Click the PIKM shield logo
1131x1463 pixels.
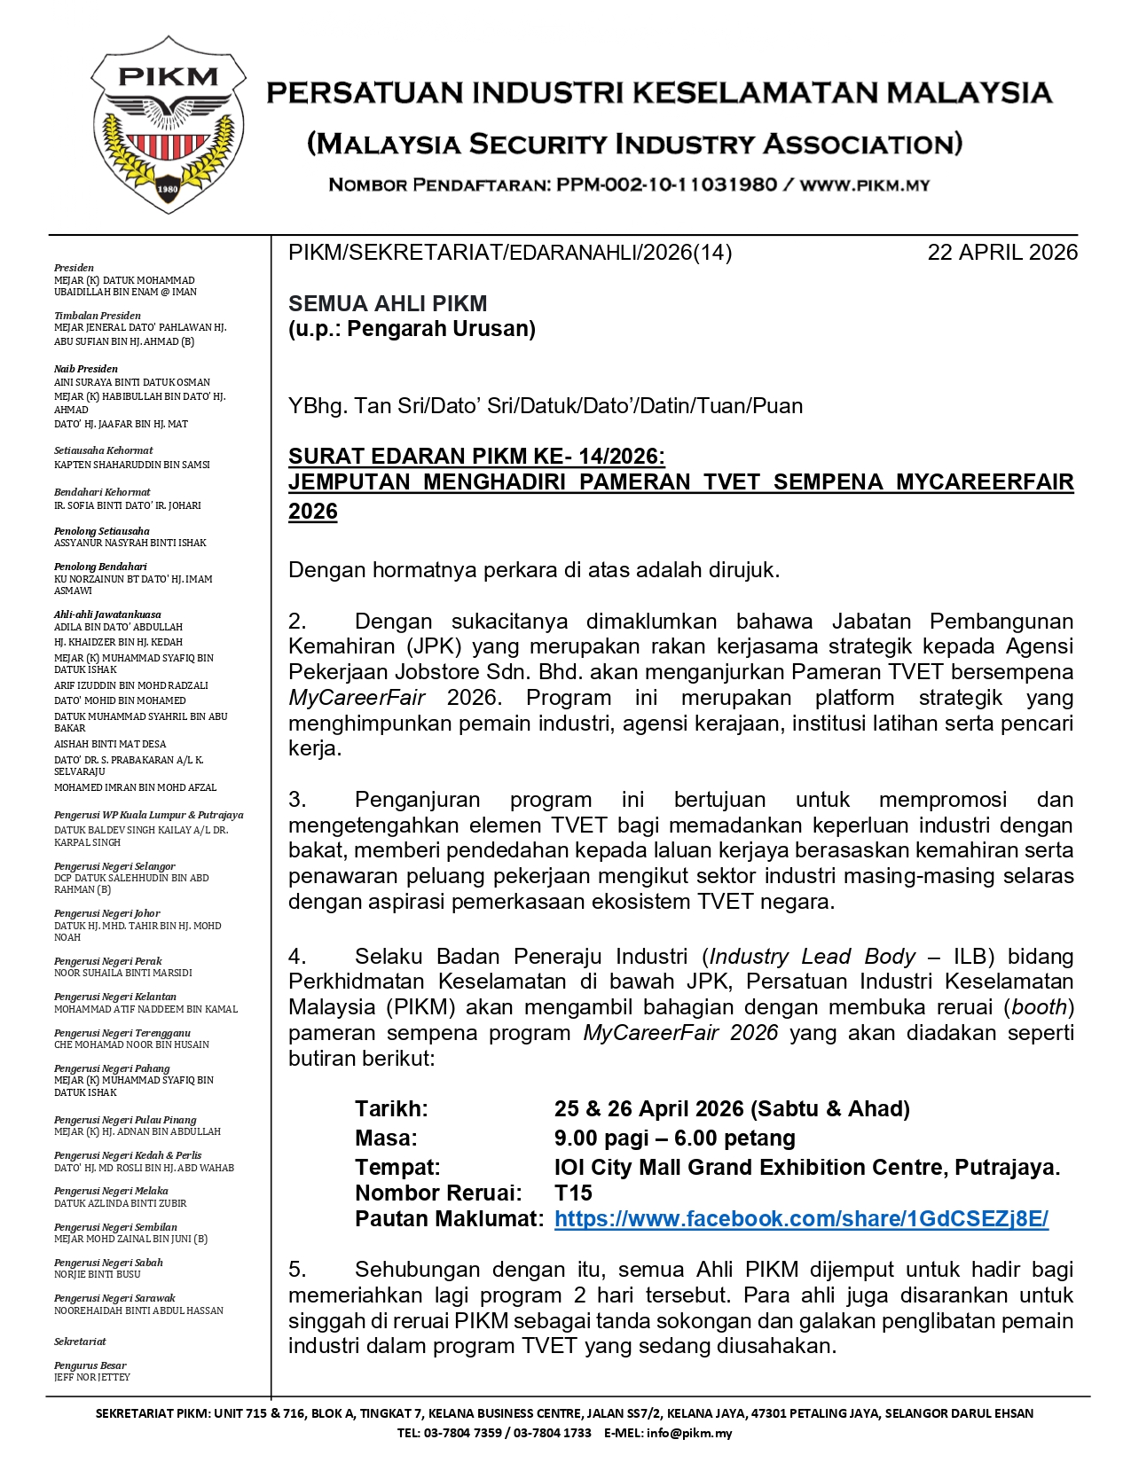(168, 124)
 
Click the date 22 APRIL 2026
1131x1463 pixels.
(1002, 253)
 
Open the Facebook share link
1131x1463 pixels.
(801, 1219)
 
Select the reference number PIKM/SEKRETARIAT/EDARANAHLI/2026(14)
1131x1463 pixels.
(510, 253)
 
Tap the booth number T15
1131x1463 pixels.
(573, 1193)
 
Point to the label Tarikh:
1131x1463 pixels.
(391, 1108)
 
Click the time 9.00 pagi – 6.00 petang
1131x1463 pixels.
(674, 1138)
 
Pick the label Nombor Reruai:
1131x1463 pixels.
(438, 1193)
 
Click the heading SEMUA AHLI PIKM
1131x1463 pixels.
(388, 303)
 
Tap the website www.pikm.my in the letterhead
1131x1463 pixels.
(865, 185)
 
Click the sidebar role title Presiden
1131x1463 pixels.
(74, 268)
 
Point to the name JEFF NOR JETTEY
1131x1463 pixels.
(92, 1378)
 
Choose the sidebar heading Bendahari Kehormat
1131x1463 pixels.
(102, 492)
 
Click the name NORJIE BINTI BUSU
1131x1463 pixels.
(98, 1274)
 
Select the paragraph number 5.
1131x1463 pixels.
(297, 1270)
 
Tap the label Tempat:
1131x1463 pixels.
(397, 1167)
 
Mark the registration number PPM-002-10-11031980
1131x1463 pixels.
(666, 185)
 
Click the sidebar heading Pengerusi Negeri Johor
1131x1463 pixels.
(107, 913)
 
